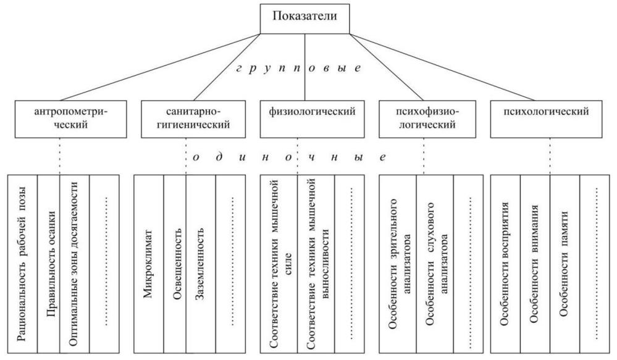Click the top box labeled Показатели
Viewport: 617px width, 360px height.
(x=304, y=19)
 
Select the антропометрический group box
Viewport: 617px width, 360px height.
(x=71, y=119)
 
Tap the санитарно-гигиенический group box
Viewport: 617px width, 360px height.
(x=193, y=119)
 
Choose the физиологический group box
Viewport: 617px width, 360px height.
(x=312, y=119)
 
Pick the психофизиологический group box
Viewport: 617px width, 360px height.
(x=427, y=119)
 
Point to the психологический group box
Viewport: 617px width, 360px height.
(x=546, y=119)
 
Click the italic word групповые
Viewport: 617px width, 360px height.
(x=299, y=68)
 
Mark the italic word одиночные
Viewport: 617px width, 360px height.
(x=290, y=157)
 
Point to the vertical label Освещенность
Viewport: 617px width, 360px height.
(x=177, y=264)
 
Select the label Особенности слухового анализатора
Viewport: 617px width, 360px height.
(x=435, y=264)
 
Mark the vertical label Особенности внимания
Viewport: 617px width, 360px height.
(x=534, y=264)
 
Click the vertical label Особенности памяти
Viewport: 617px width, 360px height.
(x=564, y=264)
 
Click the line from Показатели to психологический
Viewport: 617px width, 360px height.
(x=442, y=67)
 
